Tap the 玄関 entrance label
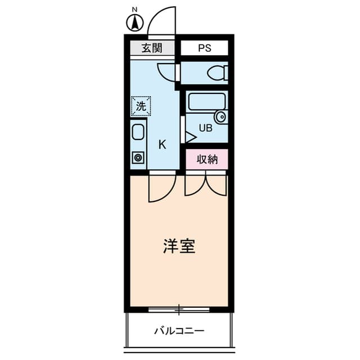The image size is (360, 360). (x=151, y=48)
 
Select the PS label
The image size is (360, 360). (x=204, y=48)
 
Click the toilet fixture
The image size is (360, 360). (x=217, y=73)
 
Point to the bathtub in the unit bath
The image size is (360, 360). (x=206, y=101)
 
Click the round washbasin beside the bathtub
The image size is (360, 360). (x=221, y=117)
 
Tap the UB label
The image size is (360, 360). (x=205, y=128)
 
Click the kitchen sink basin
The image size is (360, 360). (x=138, y=133)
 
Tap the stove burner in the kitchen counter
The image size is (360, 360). (x=138, y=157)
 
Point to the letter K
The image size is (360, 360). (x=162, y=145)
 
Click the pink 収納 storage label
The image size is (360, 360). (x=207, y=159)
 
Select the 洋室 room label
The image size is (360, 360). (x=179, y=246)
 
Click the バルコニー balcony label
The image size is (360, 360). (x=179, y=331)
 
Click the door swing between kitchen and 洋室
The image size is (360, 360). (x=162, y=188)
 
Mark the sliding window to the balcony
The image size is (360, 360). (x=179, y=309)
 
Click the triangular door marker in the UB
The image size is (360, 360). (x=190, y=137)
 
